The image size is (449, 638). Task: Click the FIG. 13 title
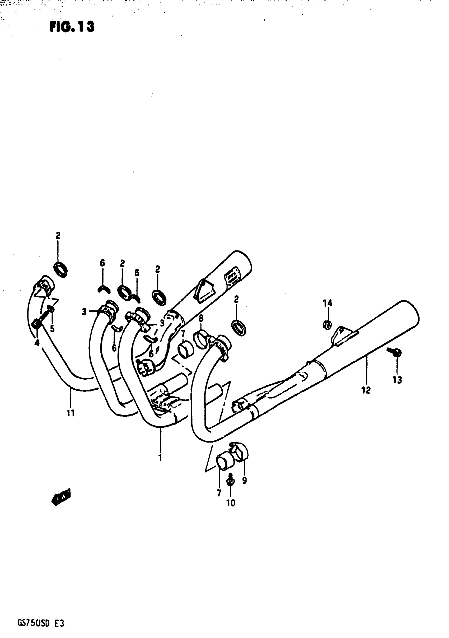click(x=72, y=27)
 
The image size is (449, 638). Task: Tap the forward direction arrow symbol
click(x=61, y=497)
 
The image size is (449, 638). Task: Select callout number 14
click(x=327, y=302)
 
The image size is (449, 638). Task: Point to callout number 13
click(x=397, y=380)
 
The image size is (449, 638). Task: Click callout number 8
click(x=201, y=318)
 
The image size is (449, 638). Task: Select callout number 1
click(x=160, y=458)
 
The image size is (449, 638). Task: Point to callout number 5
click(x=52, y=329)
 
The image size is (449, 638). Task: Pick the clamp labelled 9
click(x=241, y=454)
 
